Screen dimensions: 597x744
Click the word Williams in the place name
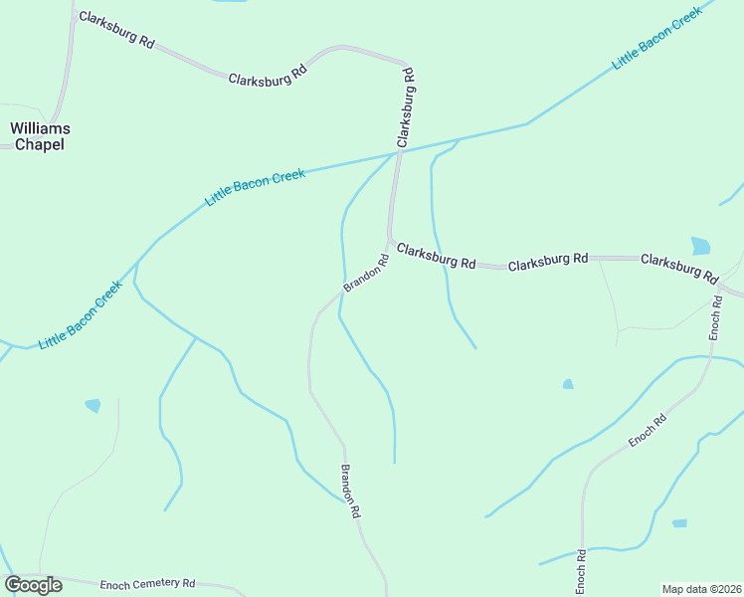[40, 128]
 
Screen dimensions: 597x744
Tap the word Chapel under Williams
[40, 144]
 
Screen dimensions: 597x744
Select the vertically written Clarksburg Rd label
[405, 107]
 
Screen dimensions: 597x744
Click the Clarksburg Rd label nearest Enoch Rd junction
[679, 266]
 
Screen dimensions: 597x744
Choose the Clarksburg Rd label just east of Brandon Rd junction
[436, 256]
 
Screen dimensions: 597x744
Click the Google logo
[33, 585]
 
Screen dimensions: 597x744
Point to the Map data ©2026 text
[700, 589]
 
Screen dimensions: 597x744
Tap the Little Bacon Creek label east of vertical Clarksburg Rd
[657, 37]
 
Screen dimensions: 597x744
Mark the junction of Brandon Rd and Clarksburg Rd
[389, 240]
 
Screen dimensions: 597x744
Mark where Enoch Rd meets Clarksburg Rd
[719, 284]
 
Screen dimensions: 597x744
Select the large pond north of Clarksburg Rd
[701, 246]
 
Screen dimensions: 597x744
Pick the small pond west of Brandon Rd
[93, 405]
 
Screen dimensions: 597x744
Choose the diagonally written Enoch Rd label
[647, 430]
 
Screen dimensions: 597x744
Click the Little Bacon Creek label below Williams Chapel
[81, 314]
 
